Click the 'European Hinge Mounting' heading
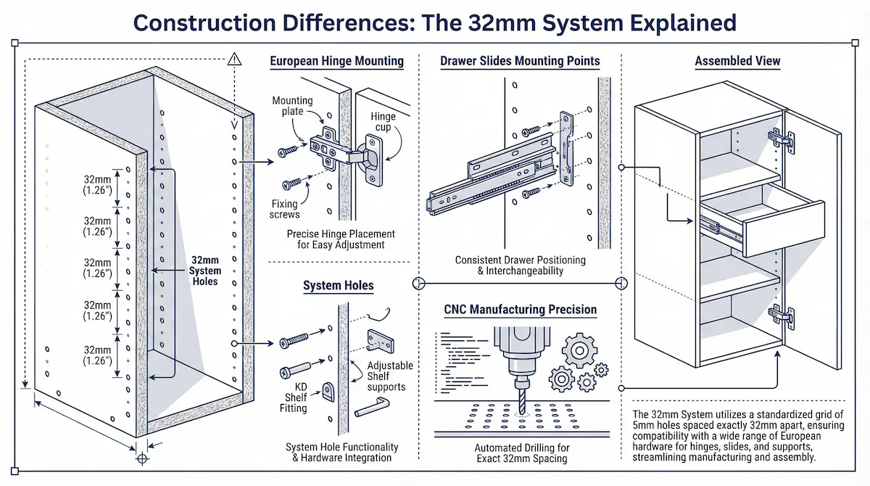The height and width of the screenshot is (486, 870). point(337,61)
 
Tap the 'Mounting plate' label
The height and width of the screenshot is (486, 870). point(293,107)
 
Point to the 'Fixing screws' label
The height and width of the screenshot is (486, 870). point(286,209)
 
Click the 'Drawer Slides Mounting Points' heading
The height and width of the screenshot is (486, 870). point(520,61)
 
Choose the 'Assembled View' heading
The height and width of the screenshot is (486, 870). point(737,61)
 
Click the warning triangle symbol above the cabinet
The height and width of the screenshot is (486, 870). point(233,61)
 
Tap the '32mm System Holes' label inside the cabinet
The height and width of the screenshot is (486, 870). point(205,270)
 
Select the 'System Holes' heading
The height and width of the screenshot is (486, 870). point(339,285)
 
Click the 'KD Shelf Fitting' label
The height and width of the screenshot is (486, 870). point(297,397)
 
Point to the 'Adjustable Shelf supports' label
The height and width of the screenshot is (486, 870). point(390,376)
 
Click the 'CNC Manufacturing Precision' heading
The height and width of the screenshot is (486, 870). point(520,310)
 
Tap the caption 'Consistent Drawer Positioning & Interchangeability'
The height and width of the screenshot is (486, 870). point(520,265)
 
